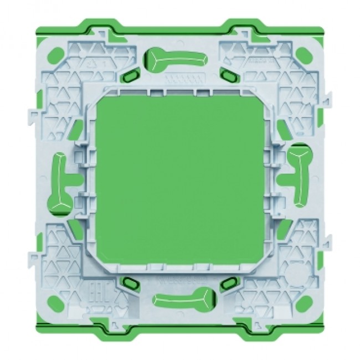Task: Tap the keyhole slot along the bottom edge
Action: (x=183, y=297)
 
